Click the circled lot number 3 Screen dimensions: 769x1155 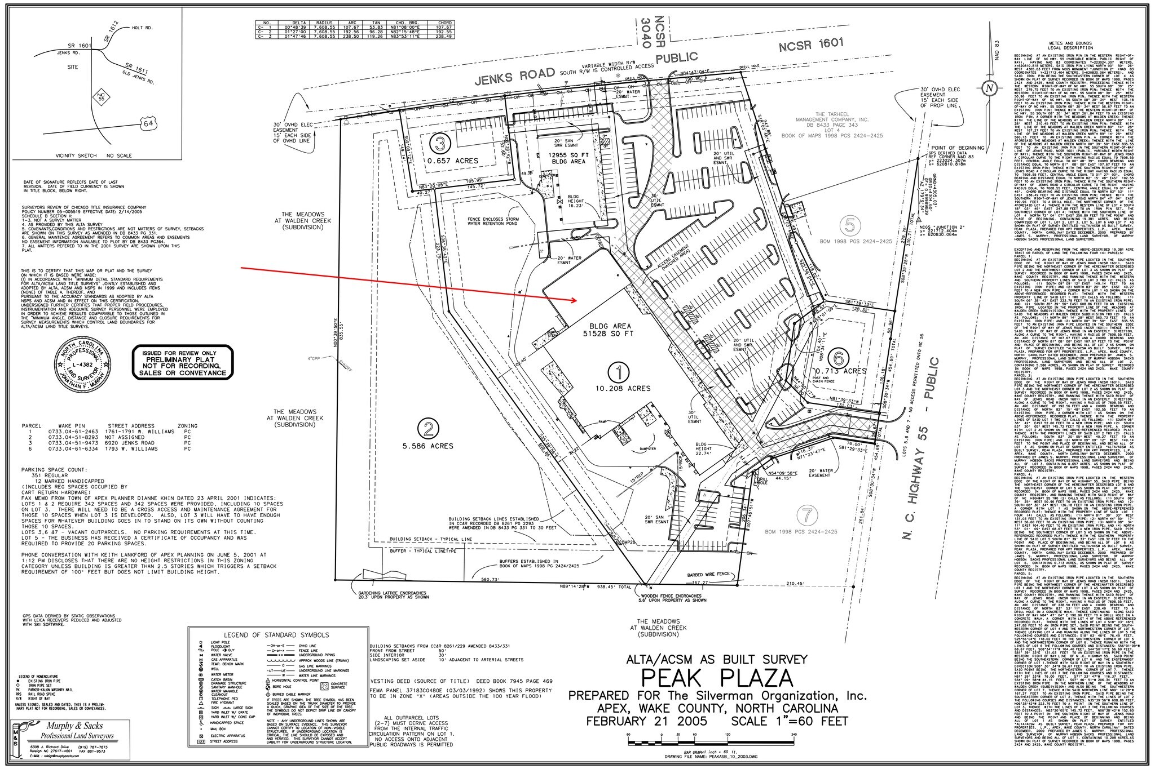440,143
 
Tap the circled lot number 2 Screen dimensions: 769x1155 428,429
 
